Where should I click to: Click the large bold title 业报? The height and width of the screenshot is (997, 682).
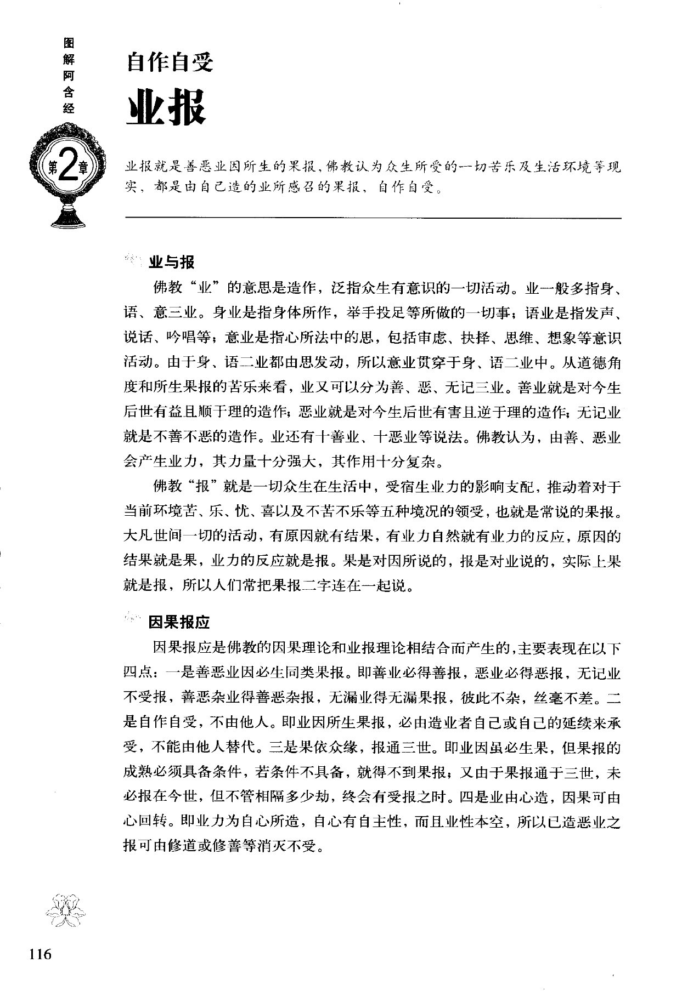[166, 107]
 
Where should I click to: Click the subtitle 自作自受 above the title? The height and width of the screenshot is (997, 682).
[170, 63]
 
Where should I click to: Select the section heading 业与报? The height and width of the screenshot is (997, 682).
[171, 263]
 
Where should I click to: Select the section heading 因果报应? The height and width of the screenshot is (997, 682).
[179, 622]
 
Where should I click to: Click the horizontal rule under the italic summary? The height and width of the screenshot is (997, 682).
[373, 219]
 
